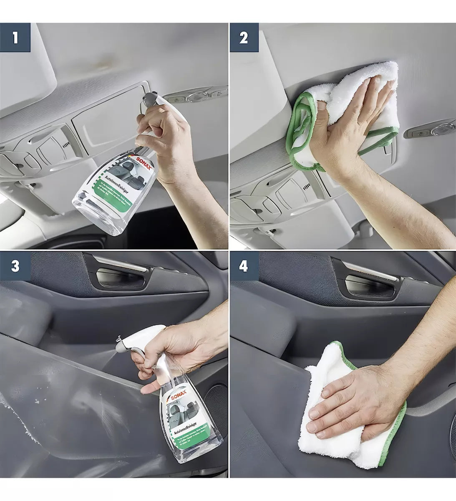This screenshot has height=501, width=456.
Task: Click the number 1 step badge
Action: (x=15, y=38)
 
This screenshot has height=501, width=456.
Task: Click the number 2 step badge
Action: (x=244, y=38)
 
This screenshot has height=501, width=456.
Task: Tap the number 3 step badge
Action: (x=15, y=266)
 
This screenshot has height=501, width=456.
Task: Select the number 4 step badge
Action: (x=244, y=266)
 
